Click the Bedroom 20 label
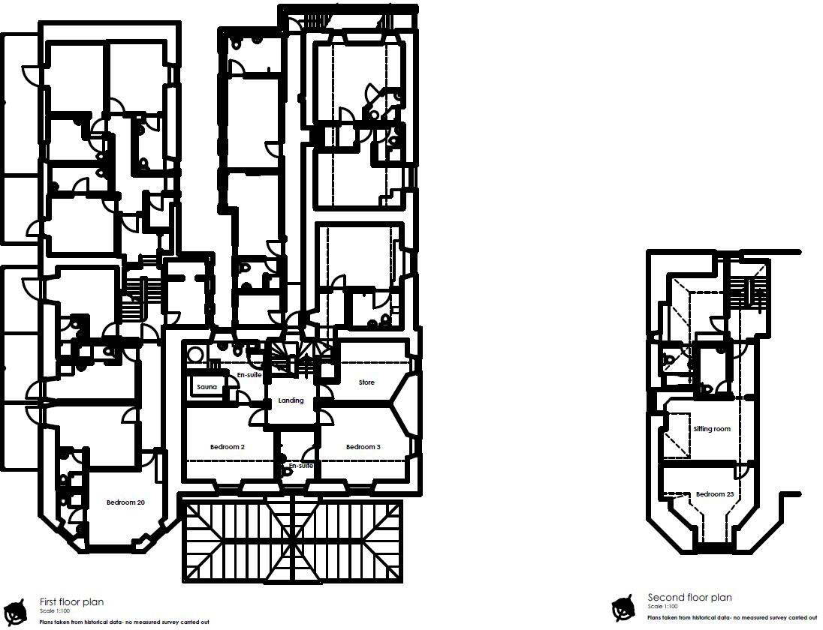click(125, 502)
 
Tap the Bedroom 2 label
click(227, 447)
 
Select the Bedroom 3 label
click(363, 447)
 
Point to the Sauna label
click(207, 387)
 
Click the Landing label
click(291, 400)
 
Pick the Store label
click(366, 382)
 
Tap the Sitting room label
click(712, 429)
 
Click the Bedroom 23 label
click(714, 494)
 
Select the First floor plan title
click(71, 601)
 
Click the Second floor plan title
click(689, 598)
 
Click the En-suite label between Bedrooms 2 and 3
click(300, 466)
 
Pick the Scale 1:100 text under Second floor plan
click(662, 607)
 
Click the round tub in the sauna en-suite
click(195, 354)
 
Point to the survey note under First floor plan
click(124, 622)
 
